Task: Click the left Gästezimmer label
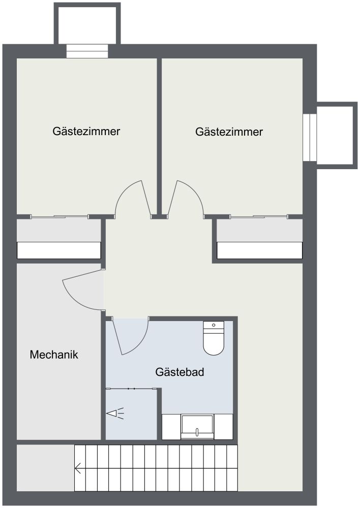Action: [86, 131]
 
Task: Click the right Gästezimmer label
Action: [229, 132]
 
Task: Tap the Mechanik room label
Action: [54, 355]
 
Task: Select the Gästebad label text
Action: [179, 372]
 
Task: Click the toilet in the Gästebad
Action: [214, 338]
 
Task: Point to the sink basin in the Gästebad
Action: [197, 427]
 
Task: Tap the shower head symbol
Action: [115, 413]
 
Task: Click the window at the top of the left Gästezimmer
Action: [87, 51]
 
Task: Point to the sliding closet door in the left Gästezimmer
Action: [59, 216]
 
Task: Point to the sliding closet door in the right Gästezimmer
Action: [259, 216]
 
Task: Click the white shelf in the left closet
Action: [58, 250]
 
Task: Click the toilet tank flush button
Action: [214, 325]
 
